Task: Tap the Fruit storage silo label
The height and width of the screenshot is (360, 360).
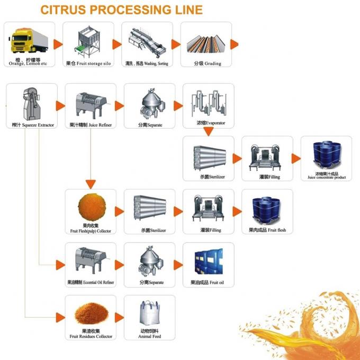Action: click(x=88, y=64)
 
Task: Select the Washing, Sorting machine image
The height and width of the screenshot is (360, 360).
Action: click(x=146, y=41)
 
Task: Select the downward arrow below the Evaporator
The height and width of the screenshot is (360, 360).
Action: click(x=209, y=132)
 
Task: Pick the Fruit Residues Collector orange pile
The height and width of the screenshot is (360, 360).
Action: click(x=90, y=315)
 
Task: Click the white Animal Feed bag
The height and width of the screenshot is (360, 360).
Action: click(x=149, y=314)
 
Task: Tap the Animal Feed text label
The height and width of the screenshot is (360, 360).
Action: click(x=149, y=336)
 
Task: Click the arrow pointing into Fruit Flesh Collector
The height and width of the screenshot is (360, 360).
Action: click(x=91, y=184)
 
